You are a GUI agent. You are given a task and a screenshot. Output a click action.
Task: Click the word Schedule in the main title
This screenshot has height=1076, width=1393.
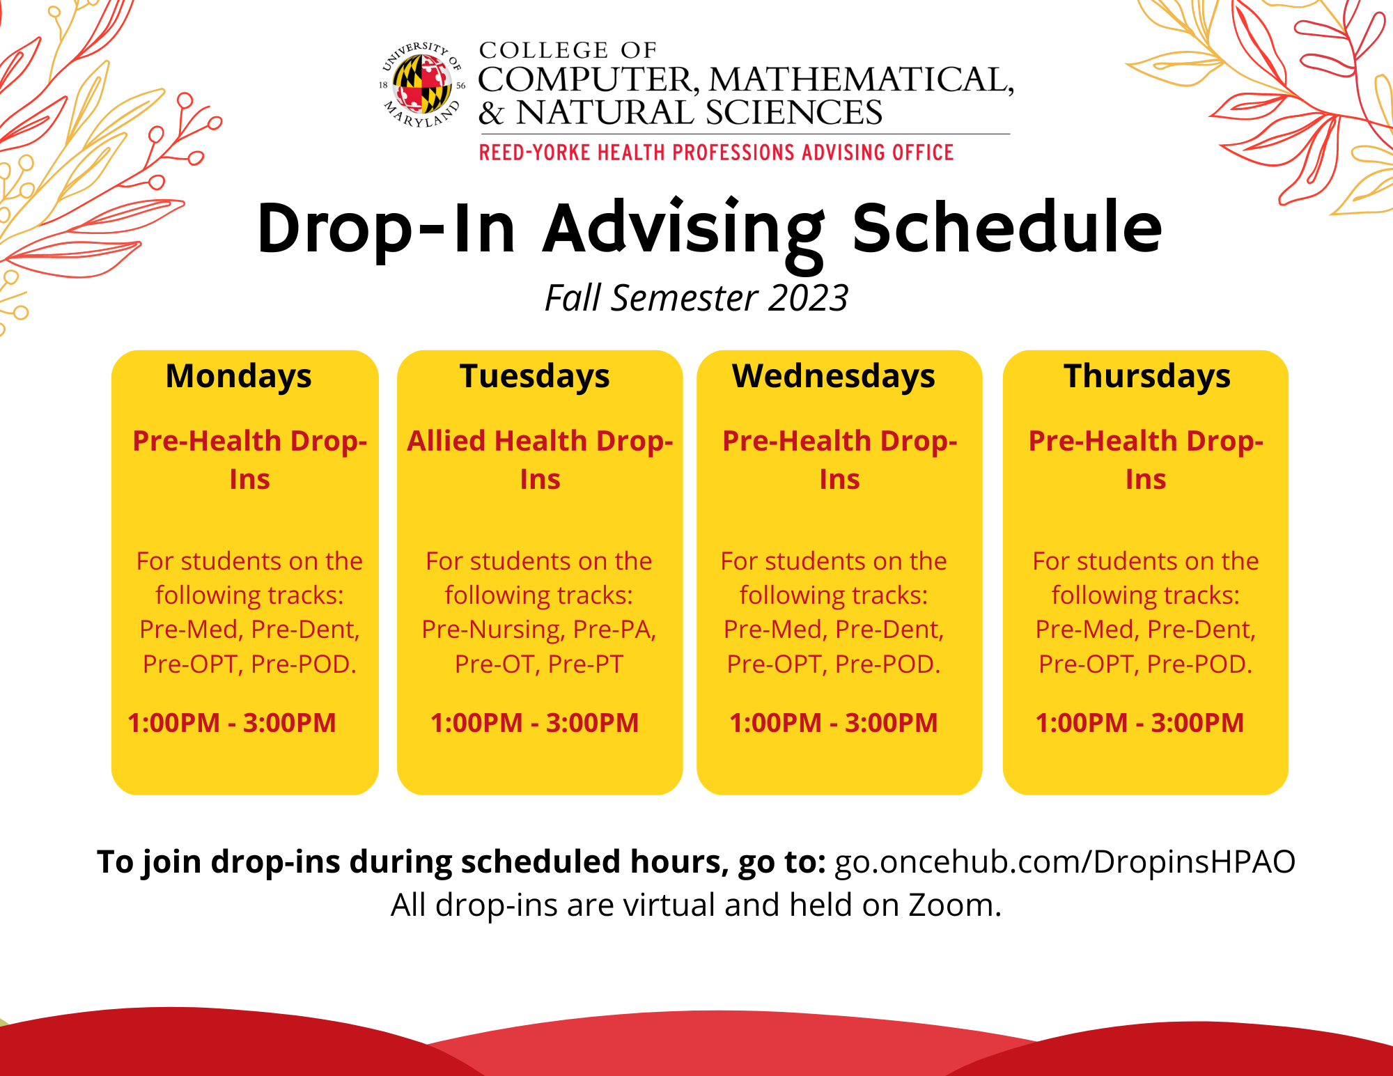[1007, 227]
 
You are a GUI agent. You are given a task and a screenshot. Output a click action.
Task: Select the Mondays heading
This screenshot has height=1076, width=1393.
[239, 377]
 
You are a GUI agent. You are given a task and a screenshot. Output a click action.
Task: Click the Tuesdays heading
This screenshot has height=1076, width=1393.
[535, 377]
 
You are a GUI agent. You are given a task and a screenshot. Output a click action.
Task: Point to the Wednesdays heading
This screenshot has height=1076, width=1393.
[834, 377]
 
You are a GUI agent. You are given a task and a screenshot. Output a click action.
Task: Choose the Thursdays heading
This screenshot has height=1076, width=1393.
[1147, 377]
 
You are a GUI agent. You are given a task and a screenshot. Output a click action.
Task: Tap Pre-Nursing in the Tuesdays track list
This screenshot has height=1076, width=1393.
[493, 630]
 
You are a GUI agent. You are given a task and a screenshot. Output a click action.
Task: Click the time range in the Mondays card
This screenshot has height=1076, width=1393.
[232, 723]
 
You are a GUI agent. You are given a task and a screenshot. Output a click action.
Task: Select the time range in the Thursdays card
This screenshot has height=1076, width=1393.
[1139, 723]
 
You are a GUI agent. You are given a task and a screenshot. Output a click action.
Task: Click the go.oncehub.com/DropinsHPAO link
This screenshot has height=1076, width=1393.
[1065, 862]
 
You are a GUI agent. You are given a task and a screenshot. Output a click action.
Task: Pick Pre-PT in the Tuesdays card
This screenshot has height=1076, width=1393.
[585, 664]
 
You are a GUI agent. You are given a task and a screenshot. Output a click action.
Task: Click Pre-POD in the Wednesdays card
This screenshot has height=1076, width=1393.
[887, 664]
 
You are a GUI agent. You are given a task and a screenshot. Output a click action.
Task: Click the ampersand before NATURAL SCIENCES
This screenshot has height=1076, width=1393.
[491, 113]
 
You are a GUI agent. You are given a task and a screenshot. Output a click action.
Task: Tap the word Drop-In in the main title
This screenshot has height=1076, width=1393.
[387, 228]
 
